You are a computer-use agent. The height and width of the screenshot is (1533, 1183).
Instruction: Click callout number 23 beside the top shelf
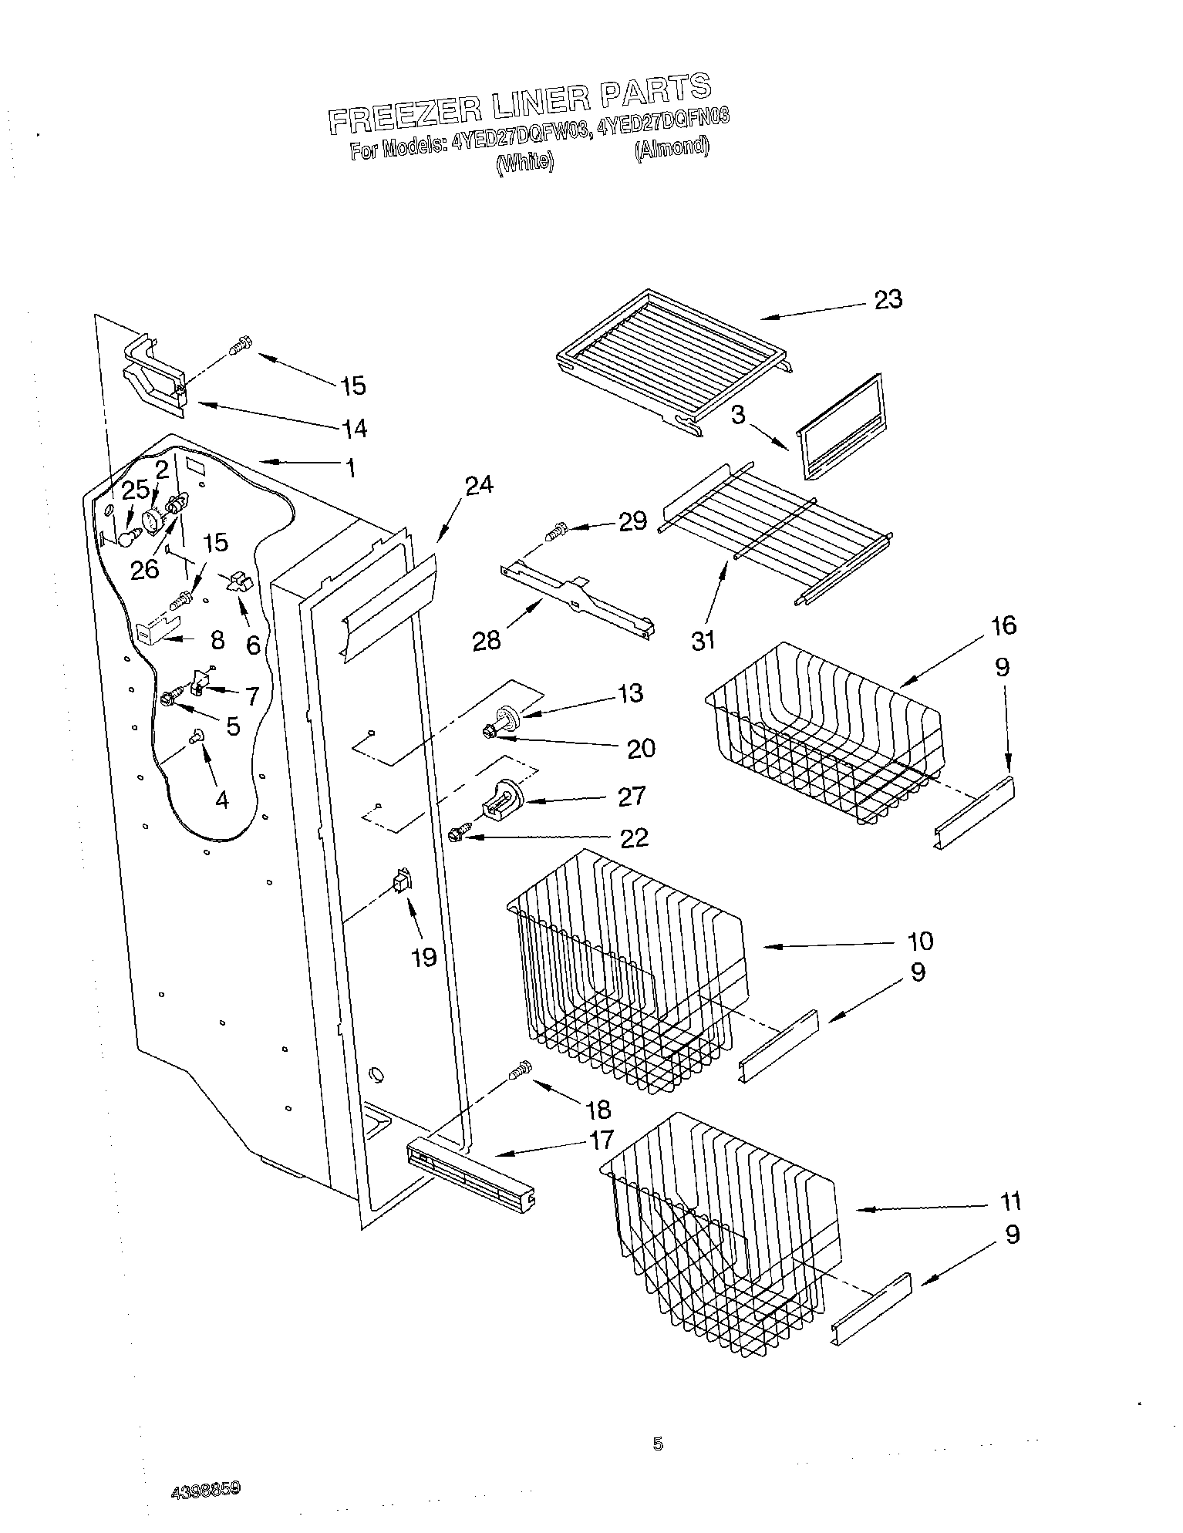(888, 299)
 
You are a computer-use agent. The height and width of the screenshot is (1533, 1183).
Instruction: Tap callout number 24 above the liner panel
(479, 485)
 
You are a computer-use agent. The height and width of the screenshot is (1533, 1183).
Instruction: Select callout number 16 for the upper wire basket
(1004, 625)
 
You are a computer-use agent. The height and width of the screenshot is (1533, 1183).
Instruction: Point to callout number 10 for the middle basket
(920, 941)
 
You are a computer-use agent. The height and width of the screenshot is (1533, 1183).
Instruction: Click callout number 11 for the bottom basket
(1009, 1201)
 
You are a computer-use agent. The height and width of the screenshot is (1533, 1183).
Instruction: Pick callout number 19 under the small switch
(424, 957)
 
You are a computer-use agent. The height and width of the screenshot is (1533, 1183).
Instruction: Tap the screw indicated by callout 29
(556, 531)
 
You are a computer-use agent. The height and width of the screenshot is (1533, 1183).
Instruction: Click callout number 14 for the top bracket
(351, 427)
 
